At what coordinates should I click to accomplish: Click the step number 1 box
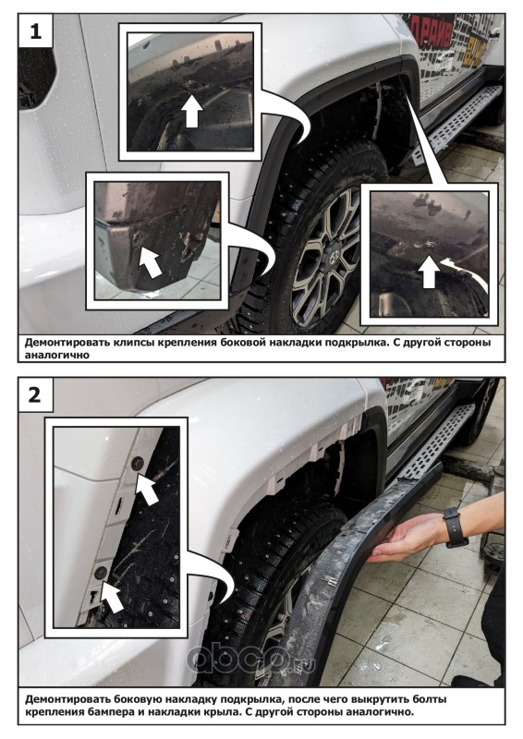tap(36, 31)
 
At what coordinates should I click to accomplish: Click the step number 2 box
tap(35, 395)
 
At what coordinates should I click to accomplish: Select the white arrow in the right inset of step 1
tap(429, 271)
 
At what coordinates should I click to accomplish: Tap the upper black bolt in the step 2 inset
tap(139, 464)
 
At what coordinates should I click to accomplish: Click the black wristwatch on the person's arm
tap(456, 527)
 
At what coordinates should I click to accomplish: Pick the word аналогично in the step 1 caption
tap(56, 355)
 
